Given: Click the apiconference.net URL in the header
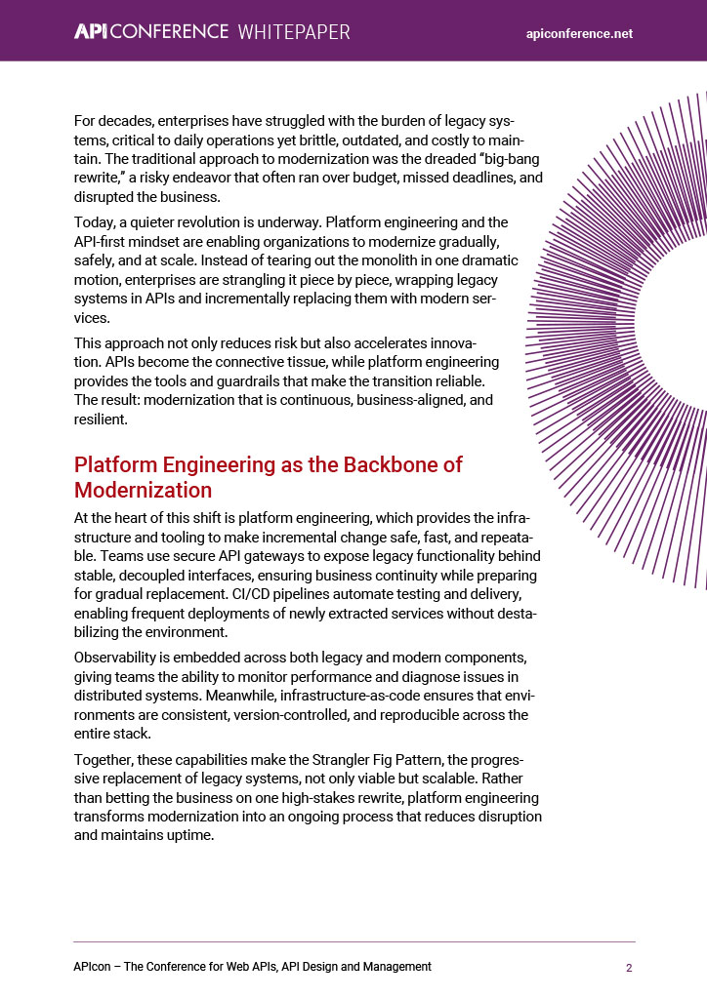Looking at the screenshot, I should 579,33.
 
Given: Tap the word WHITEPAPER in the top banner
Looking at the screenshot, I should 294,32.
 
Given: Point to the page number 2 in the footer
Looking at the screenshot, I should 629,968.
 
